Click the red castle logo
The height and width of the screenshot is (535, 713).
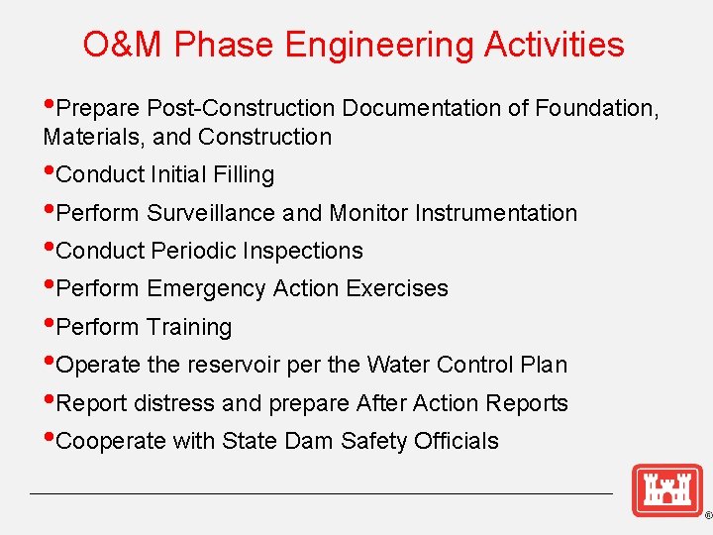point(666,490)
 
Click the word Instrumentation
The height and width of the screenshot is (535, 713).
point(496,213)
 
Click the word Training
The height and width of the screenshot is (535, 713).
point(189,327)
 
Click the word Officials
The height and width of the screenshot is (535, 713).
point(458,441)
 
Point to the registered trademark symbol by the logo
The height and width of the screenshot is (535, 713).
point(707,516)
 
